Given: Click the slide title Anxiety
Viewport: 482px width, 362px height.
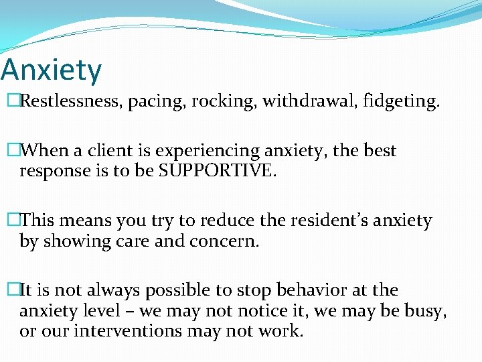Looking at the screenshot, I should click(x=51, y=70).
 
